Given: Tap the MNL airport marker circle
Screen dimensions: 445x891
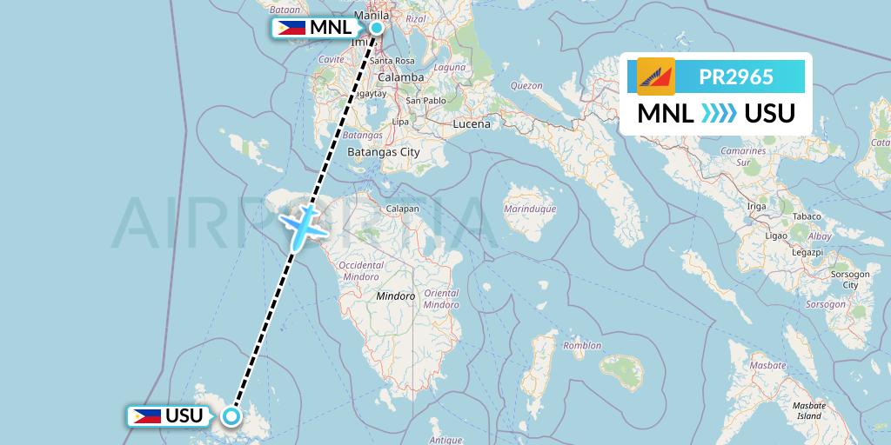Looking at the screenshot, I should [x=377, y=28].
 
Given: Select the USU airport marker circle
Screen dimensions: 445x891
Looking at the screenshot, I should [x=231, y=415].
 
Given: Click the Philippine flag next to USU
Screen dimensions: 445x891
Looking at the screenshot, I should [x=145, y=415].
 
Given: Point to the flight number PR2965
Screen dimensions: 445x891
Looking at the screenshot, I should [x=736, y=76].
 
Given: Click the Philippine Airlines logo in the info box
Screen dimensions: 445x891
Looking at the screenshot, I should [x=655, y=76].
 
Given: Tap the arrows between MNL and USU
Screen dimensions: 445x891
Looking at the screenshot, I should [x=719, y=114].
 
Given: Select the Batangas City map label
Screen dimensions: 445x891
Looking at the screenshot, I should [x=383, y=152].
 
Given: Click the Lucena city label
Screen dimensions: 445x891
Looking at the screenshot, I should [x=472, y=124].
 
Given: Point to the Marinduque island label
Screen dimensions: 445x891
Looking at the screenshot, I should [x=529, y=209].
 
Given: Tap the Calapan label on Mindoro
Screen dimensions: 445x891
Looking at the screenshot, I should [x=403, y=209].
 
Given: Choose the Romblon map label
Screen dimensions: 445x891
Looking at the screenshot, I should [x=582, y=346].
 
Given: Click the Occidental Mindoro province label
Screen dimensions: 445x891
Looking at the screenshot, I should [x=360, y=269].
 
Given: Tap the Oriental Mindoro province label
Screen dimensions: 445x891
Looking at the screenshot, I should [x=440, y=299].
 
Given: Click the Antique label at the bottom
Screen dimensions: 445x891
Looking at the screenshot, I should [x=445, y=440].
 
